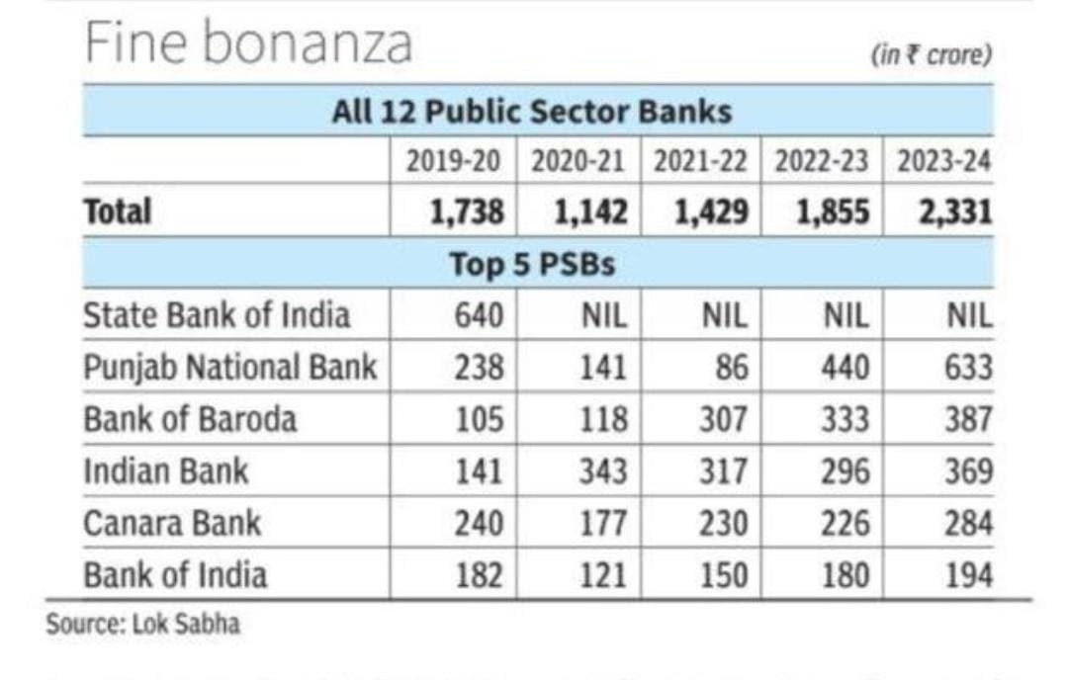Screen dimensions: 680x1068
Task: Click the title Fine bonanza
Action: [247, 44]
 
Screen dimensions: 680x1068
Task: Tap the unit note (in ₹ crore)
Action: [931, 55]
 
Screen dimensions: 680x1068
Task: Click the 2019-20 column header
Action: [454, 162]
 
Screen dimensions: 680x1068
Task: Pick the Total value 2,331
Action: [954, 212]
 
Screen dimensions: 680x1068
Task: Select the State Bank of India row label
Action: [217, 315]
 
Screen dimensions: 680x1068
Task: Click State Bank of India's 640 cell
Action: [479, 315]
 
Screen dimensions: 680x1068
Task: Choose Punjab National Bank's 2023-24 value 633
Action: [967, 368]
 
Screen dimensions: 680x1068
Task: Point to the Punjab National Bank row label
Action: [229, 368]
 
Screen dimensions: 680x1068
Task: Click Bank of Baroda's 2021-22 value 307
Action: [723, 419]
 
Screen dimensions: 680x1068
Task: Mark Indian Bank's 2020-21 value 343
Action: [601, 471]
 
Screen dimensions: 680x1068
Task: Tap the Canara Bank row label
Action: [171, 523]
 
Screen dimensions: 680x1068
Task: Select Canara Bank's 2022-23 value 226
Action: [845, 523]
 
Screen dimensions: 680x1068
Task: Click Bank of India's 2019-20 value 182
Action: [479, 575]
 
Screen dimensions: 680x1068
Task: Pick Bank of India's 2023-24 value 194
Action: [967, 575]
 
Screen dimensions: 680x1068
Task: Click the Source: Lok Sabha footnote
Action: [142, 625]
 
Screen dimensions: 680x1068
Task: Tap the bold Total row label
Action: [118, 212]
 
